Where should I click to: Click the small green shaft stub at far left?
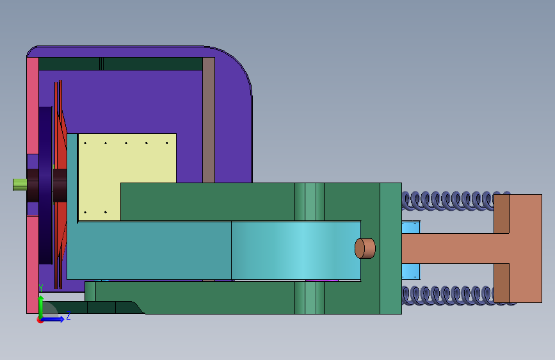tap(20, 184)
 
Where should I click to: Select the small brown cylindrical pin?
tap(365, 249)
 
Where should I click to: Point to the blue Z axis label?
tap(68, 316)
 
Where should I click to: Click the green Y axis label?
tap(41, 288)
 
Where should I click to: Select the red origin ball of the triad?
tap(40, 320)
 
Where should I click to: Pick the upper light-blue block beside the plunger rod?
tap(411, 227)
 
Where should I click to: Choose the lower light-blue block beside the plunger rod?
tap(411, 272)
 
